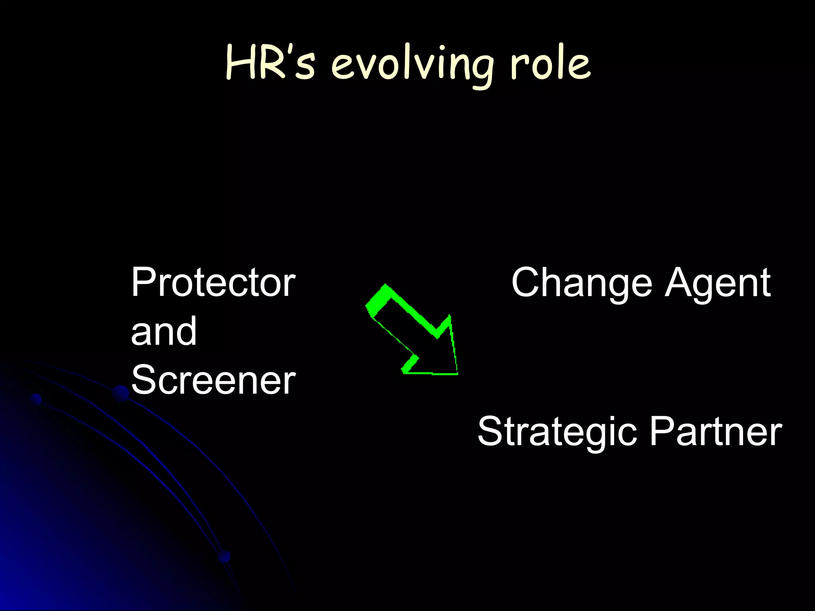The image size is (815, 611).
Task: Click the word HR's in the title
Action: click(x=271, y=64)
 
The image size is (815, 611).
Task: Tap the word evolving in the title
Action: click(x=412, y=66)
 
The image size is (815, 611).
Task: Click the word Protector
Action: click(x=213, y=282)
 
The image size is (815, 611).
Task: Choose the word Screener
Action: click(x=213, y=380)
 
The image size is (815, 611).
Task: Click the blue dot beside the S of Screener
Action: click(x=120, y=393)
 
